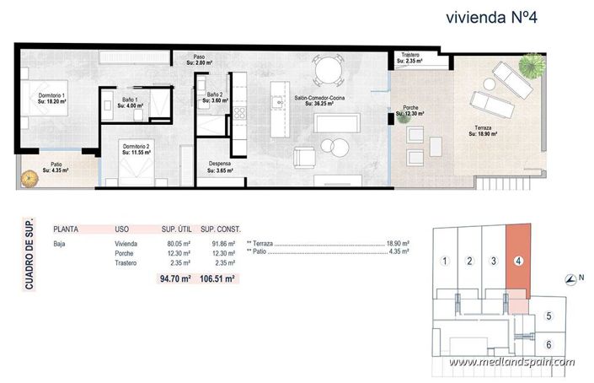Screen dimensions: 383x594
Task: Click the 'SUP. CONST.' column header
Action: [223, 229]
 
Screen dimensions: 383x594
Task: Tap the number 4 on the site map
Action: [518, 261]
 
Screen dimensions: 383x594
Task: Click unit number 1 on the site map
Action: [444, 261]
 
